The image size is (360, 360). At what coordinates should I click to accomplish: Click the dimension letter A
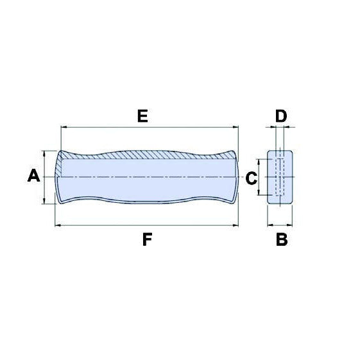[34, 175]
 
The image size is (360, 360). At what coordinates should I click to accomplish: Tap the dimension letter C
[252, 177]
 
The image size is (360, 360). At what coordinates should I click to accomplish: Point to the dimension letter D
[281, 116]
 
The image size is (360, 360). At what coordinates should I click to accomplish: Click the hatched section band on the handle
[148, 155]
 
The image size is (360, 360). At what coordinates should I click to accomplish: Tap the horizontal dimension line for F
[147, 225]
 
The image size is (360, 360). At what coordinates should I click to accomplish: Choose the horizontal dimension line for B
[280, 225]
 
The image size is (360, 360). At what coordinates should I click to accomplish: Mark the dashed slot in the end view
[279, 177]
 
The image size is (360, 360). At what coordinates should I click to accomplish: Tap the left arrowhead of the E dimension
[63, 128]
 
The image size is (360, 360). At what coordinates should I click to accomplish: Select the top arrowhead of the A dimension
[44, 153]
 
